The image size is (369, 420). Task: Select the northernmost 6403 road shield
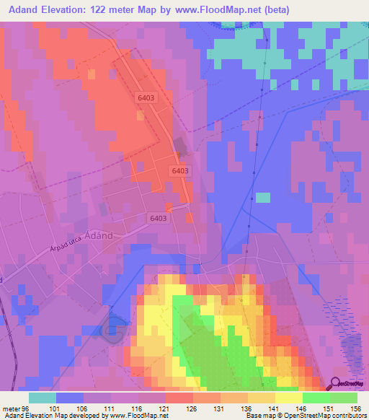146,97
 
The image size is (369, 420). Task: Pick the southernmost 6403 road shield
159,218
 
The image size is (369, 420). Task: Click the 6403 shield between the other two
181,170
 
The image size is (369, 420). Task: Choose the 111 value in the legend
110,408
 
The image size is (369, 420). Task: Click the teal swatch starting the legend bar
43,398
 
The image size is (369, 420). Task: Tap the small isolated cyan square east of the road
264,198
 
